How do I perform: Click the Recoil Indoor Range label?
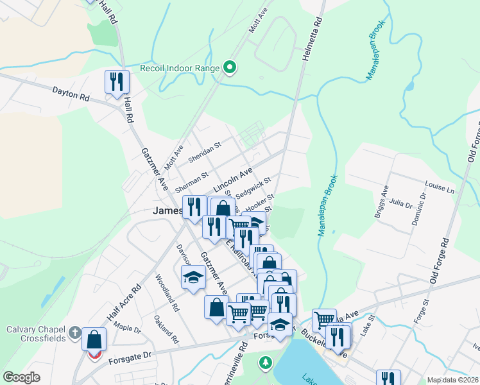[180, 67]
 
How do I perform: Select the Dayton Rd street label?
[71, 97]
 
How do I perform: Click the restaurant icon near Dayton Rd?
[117, 82]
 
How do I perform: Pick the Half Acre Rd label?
[124, 304]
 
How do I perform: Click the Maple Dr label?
[126, 329]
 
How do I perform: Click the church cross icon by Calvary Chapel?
[75, 332]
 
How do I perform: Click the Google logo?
[22, 377]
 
